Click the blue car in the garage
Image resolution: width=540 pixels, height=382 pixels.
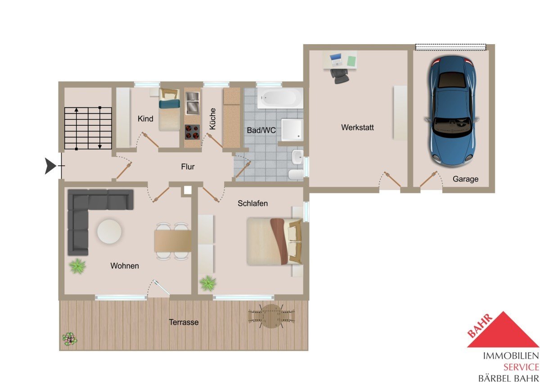click(451, 111)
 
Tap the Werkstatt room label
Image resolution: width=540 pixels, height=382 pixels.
click(357, 127)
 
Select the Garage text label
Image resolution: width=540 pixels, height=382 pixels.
click(465, 179)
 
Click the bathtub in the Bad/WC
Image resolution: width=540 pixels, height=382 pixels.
click(280, 98)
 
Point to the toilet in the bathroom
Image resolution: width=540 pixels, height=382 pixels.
click(296, 174)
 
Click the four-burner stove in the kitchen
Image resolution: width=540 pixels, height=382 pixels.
click(192, 132)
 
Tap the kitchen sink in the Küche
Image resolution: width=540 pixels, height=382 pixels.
click(193, 103)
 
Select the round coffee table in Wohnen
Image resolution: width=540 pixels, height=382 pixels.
click(109, 232)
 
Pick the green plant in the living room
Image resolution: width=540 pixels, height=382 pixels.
click(77, 266)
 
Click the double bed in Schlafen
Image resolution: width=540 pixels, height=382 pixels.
click(274, 241)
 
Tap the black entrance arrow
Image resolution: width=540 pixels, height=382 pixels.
click(50, 166)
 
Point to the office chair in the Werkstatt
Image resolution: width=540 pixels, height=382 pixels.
click(339, 76)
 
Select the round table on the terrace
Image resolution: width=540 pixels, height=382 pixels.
click(271, 316)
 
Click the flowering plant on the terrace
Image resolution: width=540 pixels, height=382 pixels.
click(70, 339)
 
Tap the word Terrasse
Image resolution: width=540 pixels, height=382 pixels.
click(184, 322)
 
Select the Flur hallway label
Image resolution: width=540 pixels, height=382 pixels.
click(188, 167)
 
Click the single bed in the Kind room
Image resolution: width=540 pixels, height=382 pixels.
click(169, 110)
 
